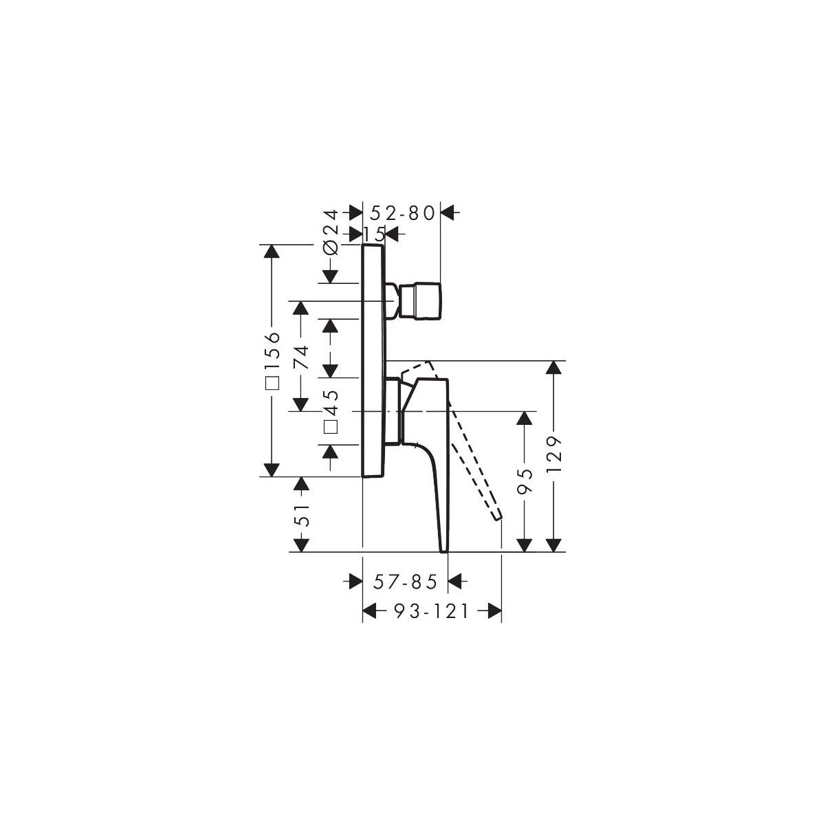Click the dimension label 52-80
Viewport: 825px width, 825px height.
[x=402, y=212]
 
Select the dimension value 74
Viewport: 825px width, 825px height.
[x=301, y=357]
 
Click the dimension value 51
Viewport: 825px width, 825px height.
[x=301, y=515]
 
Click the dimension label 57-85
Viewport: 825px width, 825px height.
[x=406, y=582]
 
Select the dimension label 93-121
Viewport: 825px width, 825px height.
[x=432, y=612]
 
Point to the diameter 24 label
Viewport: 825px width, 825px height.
[x=331, y=232]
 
